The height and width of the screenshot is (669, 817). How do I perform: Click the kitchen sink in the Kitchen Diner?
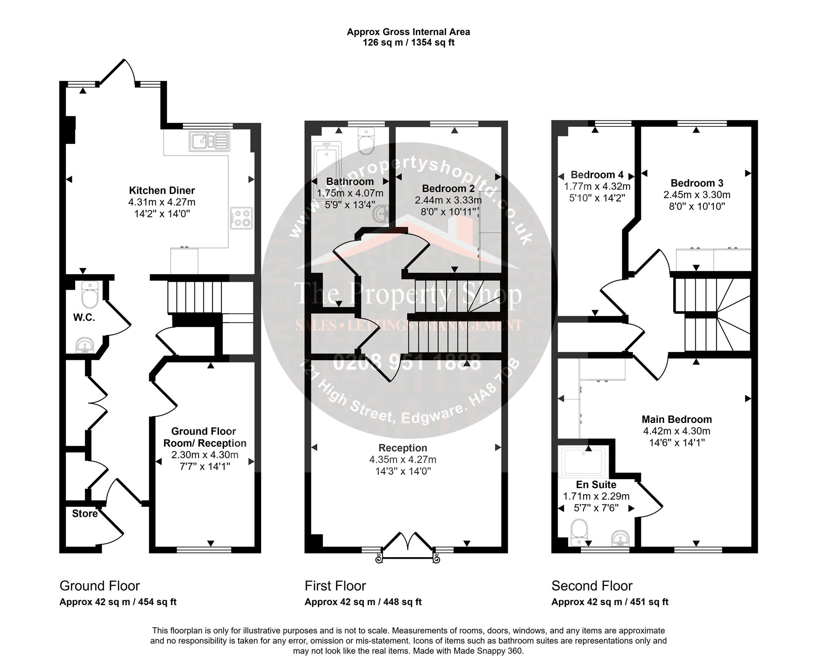pos(210,141)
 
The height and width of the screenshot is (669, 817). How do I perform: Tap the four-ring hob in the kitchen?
pos(241,219)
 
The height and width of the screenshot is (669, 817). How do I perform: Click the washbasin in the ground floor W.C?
pos(85,345)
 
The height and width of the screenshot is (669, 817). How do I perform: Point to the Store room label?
pos(85,513)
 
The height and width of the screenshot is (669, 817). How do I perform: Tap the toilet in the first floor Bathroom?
pos(366,141)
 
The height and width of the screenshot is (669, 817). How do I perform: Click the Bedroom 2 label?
pos(449,189)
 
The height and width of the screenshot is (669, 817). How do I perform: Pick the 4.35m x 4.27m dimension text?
pos(403,459)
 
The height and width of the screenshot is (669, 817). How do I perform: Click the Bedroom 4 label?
pos(597,175)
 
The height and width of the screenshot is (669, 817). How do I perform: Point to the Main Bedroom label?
pos(677,419)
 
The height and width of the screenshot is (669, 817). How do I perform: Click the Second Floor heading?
pos(592,586)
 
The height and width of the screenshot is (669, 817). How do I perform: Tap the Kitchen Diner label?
pos(162,190)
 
